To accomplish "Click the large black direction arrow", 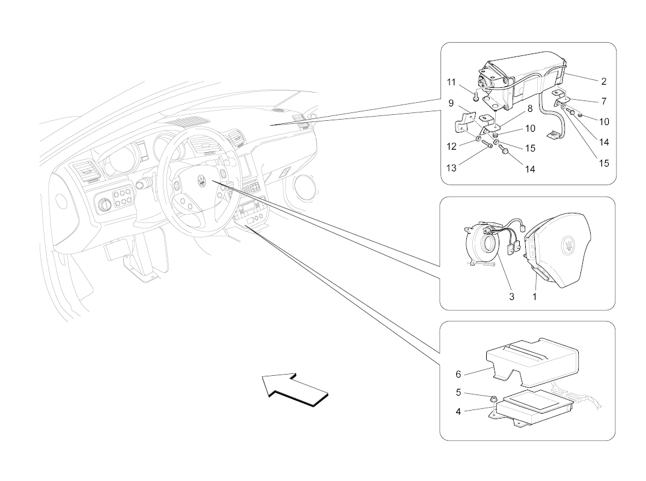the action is tap(296, 390).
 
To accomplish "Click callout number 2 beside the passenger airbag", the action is tap(603, 82).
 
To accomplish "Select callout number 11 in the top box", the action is tap(451, 82).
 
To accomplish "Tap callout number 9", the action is tap(451, 103).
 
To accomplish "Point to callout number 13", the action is tap(451, 168).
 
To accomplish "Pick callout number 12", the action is tap(451, 146).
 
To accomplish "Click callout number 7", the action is tap(603, 101).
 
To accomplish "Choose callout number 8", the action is tap(530, 108).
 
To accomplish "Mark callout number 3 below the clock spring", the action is tap(511, 297).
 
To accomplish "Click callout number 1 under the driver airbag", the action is tap(534, 297).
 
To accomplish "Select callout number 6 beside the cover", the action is tap(458, 374).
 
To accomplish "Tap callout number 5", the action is tap(458, 393).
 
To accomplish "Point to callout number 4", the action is tap(458, 411).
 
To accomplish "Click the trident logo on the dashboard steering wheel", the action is tap(202, 180).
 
